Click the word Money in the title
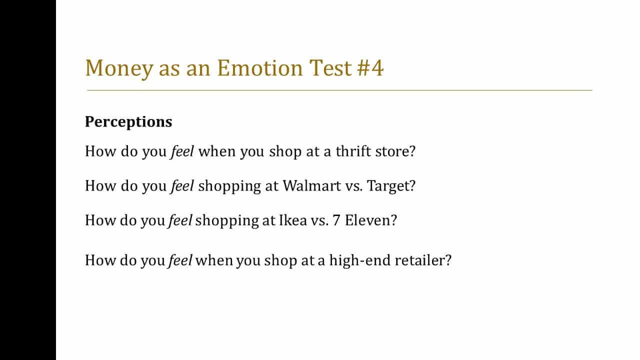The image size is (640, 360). point(119,68)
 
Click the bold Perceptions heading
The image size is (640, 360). point(128,122)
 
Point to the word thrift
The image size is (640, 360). point(353,151)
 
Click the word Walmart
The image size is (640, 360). point(311,185)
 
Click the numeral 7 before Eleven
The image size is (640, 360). point(336,220)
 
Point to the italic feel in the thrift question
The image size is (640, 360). point(182,151)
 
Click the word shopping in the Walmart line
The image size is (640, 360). point(229,186)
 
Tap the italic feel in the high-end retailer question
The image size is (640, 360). point(180,260)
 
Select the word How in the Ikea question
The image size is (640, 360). point(100,220)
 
